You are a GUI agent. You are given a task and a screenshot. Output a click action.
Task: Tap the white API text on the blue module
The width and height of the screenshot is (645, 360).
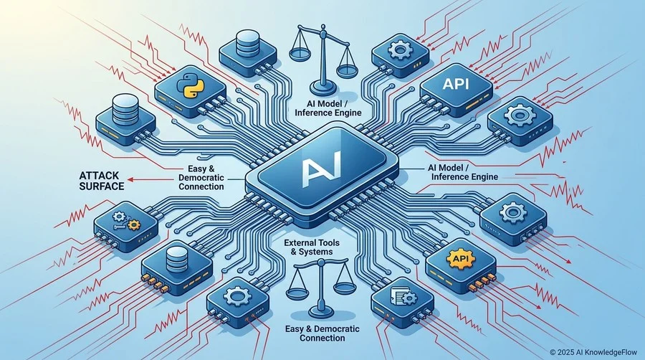tap(456, 84)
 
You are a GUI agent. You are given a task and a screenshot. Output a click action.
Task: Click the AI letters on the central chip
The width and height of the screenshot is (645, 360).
tap(321, 169)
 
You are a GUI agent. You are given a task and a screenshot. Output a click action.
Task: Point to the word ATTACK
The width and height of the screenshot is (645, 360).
tap(99, 176)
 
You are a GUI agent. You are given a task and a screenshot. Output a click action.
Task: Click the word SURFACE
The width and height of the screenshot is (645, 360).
tap(102, 186)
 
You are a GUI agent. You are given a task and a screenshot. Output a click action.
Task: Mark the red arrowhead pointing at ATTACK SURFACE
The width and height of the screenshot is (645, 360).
tap(130, 179)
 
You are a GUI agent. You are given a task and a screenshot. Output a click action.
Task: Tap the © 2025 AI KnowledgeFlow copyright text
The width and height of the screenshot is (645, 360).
tap(593, 352)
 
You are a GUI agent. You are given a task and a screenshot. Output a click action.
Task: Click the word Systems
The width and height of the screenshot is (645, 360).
tap(317, 252)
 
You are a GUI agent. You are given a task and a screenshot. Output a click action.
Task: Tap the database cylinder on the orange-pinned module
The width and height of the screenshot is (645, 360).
tap(177, 258)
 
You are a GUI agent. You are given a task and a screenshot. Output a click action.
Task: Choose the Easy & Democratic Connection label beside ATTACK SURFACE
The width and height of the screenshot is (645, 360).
tap(201, 178)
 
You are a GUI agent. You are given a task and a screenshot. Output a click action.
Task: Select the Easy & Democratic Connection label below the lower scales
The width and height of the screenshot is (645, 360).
tap(322, 333)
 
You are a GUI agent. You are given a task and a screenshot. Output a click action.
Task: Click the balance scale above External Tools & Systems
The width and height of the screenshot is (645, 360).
tap(318, 288)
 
